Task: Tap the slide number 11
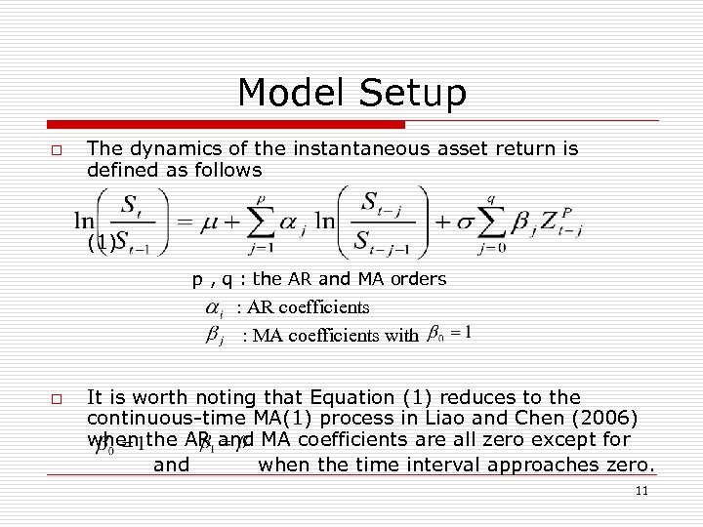641,491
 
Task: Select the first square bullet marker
57,151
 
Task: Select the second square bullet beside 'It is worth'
57,399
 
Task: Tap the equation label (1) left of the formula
101,241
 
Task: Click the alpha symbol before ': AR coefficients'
215,308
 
